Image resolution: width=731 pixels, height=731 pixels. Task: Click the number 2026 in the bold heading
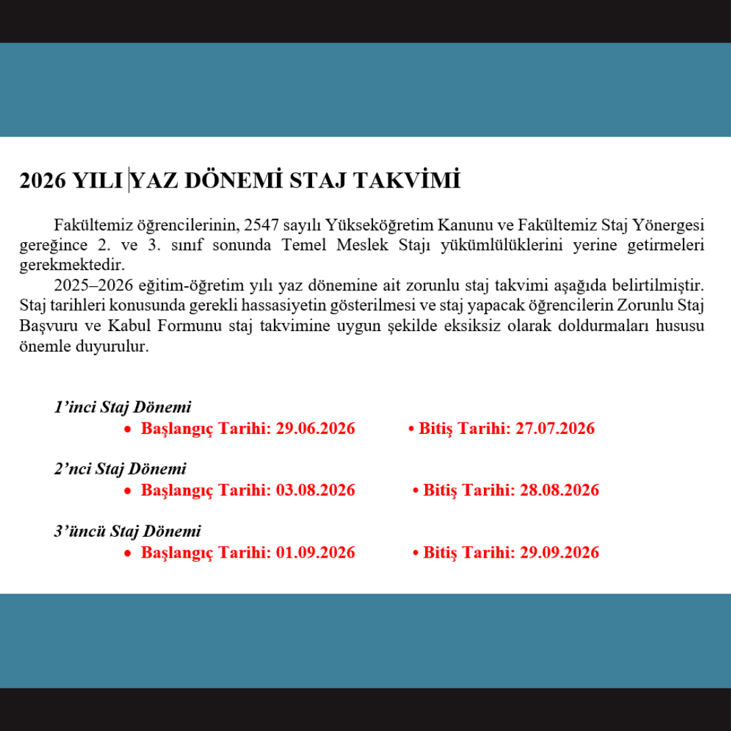[43, 181]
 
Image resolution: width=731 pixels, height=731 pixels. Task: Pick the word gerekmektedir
[73, 264]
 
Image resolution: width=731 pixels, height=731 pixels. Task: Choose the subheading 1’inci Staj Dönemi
[123, 407]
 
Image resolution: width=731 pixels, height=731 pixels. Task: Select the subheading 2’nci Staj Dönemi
[120, 468]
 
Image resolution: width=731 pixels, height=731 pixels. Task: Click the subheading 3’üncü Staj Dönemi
[127, 531]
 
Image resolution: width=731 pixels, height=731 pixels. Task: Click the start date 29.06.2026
[315, 428]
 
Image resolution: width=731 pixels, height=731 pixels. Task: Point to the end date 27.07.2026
[555, 428]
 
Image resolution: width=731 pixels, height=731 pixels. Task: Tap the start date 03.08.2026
[315, 490]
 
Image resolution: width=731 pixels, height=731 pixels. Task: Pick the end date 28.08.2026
[559, 490]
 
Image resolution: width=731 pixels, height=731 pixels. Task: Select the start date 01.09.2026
[315, 552]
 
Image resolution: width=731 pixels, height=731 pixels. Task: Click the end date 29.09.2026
[559, 552]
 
